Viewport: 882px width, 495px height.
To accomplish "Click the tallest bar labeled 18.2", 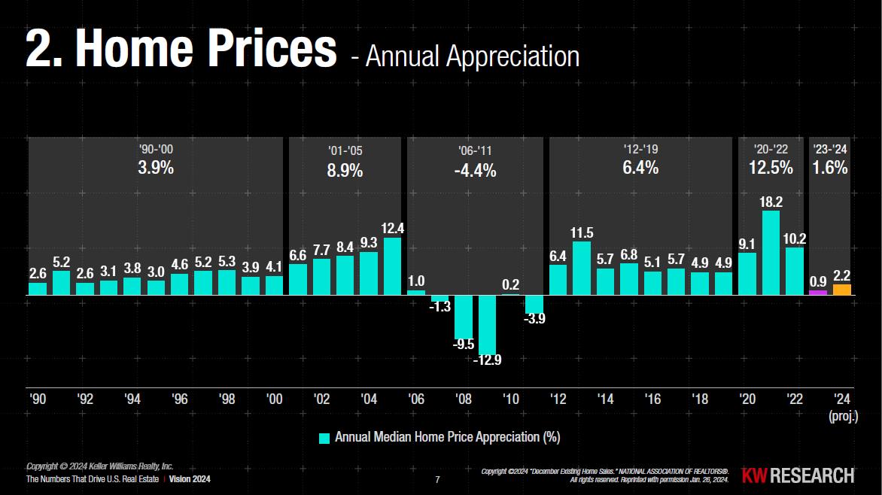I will (771, 253).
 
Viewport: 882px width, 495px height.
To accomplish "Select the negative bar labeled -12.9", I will (488, 323).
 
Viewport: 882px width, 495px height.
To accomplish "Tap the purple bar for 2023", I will (818, 292).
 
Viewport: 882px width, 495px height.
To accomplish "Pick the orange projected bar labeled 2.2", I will (842, 290).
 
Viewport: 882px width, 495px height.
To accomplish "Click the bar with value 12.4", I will (393, 266).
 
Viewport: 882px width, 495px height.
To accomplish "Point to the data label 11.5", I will (582, 233).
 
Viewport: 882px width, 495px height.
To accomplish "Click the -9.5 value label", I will (464, 345).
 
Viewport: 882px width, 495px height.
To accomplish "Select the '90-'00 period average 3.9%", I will (156, 168).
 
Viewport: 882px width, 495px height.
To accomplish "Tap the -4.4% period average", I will (475, 171).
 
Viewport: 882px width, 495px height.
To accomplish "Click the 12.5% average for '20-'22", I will (771, 168).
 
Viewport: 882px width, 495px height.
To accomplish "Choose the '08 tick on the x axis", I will (464, 399).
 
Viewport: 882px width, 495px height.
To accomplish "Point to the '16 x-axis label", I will (652, 399).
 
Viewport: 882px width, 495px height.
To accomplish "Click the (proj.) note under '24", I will (843, 415).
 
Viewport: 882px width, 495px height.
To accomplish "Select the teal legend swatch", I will (324, 438).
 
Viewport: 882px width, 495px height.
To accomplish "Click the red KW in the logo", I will (755, 475).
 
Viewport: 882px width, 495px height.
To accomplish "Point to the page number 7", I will (438, 479).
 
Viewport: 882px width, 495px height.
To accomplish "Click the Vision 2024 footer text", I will (190, 479).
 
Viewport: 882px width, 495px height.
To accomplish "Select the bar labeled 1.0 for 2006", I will (416, 292).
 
